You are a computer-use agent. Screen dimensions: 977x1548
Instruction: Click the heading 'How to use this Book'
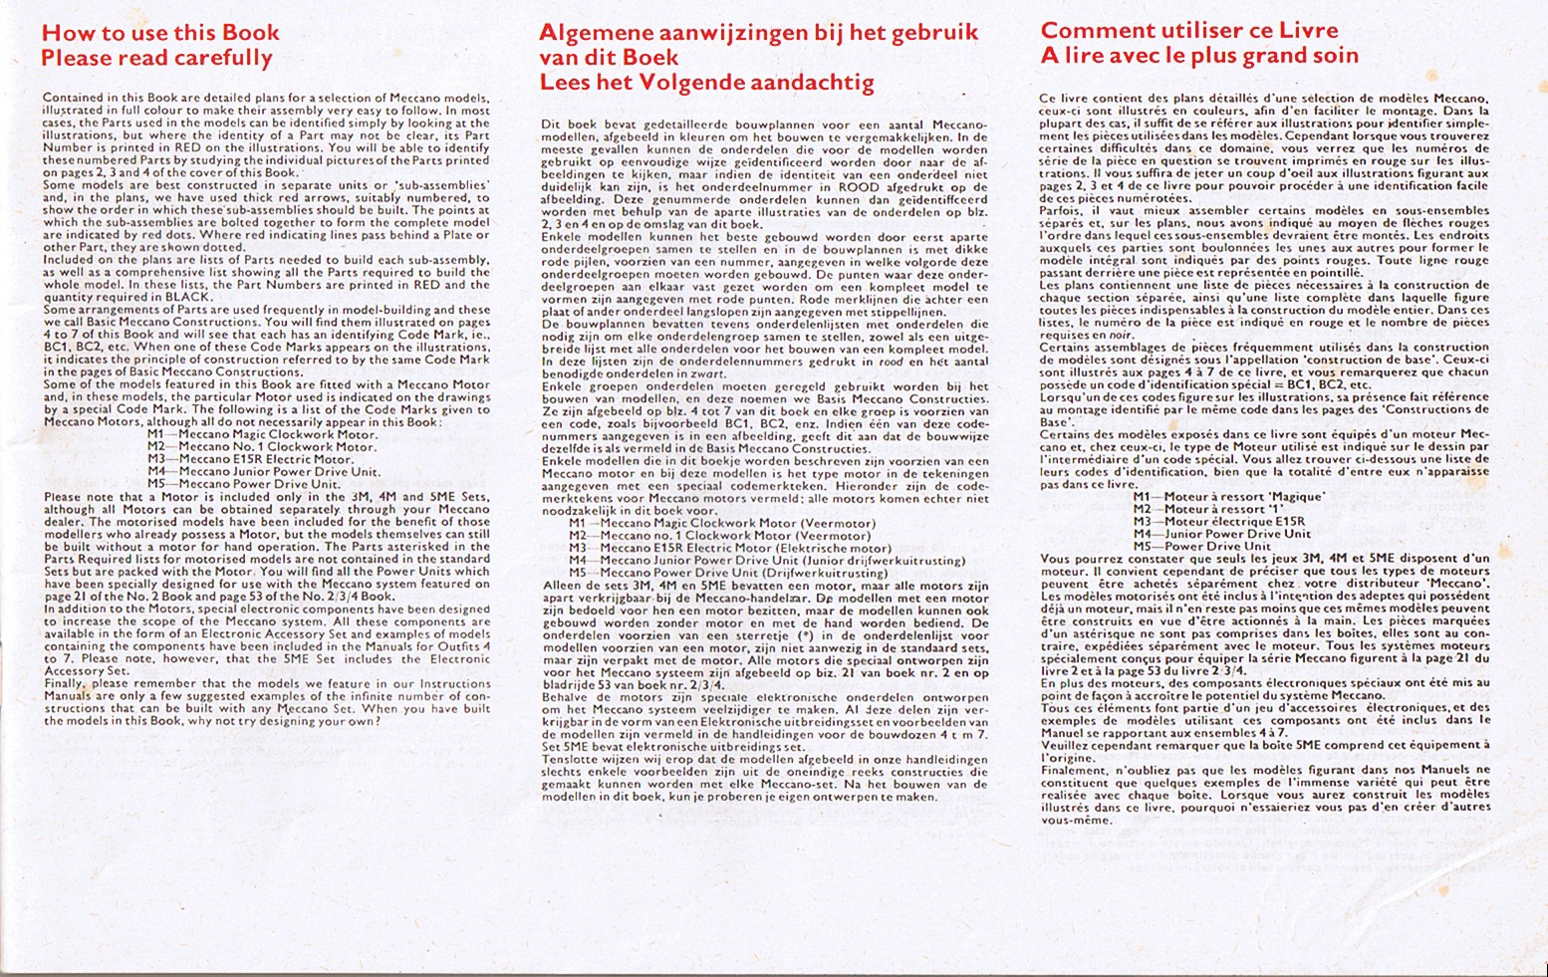pyautogui.click(x=159, y=33)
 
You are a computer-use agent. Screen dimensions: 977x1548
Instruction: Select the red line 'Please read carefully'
pyautogui.click(x=156, y=58)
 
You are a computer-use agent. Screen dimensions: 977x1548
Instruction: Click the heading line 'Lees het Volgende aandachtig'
pyautogui.click(x=706, y=83)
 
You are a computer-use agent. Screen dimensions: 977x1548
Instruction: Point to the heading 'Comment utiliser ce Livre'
pyautogui.click(x=1189, y=31)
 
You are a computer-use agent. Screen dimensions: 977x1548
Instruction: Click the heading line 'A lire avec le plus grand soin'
pyautogui.click(x=1199, y=56)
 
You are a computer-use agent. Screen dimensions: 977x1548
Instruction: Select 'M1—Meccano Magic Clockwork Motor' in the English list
pyautogui.click(x=262, y=434)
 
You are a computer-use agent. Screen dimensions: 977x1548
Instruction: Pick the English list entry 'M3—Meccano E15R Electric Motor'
pyautogui.click(x=250, y=459)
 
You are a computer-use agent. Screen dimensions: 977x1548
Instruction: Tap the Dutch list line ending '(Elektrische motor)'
pyautogui.click(x=729, y=548)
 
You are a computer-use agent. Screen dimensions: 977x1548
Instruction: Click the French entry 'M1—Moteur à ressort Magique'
pyautogui.click(x=1227, y=496)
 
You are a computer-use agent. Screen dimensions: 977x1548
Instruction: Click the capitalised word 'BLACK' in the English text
pyautogui.click(x=193, y=296)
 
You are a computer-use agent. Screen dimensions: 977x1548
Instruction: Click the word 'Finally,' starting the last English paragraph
pyautogui.click(x=64, y=683)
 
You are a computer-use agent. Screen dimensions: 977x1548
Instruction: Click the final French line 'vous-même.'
pyautogui.click(x=1062, y=821)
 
